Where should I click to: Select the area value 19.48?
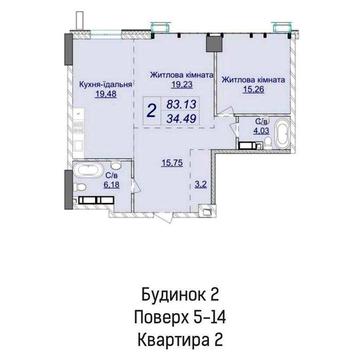click(x=104, y=94)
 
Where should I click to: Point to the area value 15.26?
click(x=253, y=90)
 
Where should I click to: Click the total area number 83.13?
click(x=181, y=104)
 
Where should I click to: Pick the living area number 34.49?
click(x=181, y=118)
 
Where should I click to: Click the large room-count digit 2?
click(x=151, y=110)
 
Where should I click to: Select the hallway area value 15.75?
click(x=172, y=163)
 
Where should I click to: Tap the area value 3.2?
click(x=200, y=185)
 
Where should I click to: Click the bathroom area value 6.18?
click(x=111, y=185)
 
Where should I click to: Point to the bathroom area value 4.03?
click(x=260, y=131)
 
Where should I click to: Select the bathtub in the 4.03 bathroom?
click(x=282, y=135)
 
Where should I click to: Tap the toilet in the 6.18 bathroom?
click(x=81, y=187)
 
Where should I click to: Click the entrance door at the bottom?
click(x=165, y=217)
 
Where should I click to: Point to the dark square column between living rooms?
click(x=212, y=43)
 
